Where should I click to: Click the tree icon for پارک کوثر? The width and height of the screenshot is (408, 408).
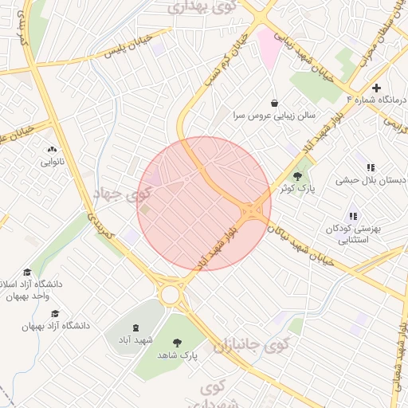click(x=298, y=176)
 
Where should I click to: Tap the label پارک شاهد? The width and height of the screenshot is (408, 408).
click(x=176, y=354)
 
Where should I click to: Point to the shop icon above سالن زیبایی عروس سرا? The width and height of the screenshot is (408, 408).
click(x=275, y=103)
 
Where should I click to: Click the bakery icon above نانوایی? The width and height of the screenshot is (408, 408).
click(x=53, y=149)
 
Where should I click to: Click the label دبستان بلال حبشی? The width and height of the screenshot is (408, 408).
click(x=374, y=181)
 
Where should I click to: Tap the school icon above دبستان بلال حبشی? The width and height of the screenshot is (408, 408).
click(x=371, y=167)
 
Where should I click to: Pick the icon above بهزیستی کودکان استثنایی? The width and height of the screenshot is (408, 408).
click(x=353, y=216)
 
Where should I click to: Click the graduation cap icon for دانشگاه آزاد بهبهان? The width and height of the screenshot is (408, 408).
click(x=55, y=313)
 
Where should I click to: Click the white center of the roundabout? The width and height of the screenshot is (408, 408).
click(x=170, y=295)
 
